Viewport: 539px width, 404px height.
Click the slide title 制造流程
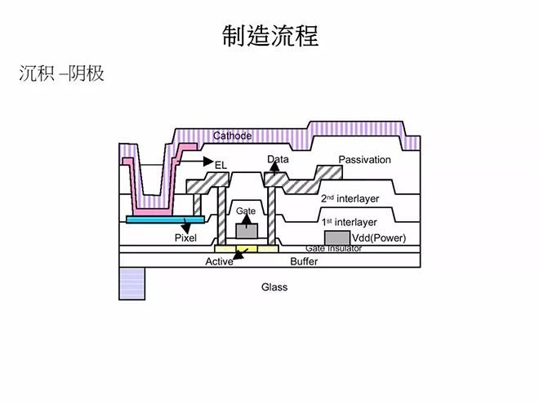coord(270,35)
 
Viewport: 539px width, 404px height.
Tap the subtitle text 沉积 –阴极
coord(61,73)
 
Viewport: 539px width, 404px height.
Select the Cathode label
coord(232,135)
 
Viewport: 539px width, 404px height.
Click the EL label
coord(220,165)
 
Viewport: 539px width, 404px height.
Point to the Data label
coord(278,159)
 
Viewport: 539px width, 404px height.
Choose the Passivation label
coord(364,159)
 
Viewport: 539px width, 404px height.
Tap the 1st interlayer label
coord(348,222)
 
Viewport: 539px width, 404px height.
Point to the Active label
coord(218,261)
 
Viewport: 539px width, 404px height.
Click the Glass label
coord(274,287)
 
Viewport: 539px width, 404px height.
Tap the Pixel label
coord(186,238)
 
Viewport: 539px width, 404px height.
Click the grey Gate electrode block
coord(246,229)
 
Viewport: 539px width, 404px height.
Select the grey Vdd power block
coord(336,237)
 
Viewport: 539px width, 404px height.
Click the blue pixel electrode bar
coord(159,220)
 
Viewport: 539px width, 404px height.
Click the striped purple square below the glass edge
coord(131,284)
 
